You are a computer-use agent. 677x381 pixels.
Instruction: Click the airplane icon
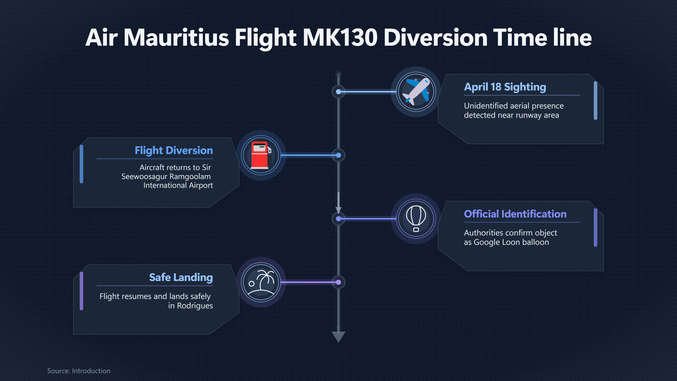click(x=416, y=92)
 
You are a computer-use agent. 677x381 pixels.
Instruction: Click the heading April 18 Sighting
click(x=505, y=87)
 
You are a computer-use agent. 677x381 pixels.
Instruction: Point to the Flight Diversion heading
click(x=174, y=150)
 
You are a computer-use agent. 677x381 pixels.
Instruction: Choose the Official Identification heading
click(x=515, y=214)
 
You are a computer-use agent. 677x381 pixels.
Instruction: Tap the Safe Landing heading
click(x=181, y=277)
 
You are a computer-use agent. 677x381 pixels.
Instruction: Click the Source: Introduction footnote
click(x=79, y=371)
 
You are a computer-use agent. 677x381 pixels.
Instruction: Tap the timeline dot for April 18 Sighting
click(x=338, y=92)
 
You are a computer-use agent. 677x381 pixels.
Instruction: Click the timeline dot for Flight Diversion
click(x=338, y=155)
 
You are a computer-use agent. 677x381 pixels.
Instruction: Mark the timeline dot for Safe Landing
click(x=338, y=282)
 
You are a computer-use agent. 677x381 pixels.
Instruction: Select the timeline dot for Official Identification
click(x=338, y=219)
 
